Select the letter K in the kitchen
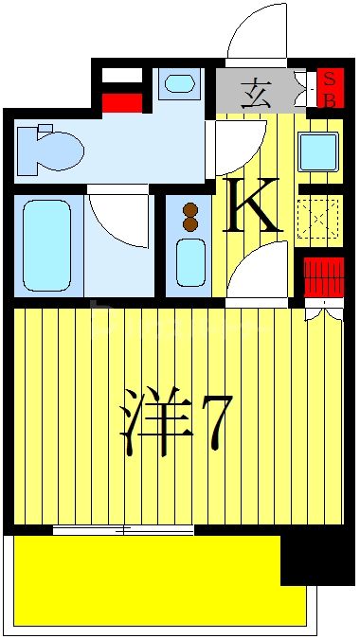tap(252, 207)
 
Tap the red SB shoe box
tap(330, 88)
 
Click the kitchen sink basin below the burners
tap(190, 261)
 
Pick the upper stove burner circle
tap(190, 210)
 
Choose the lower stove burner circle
tap(190, 225)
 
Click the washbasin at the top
tap(179, 83)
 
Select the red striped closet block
tap(322, 277)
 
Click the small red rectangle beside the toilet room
tap(121, 103)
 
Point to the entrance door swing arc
tap(256, 33)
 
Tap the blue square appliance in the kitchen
tap(317, 151)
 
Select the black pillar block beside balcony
tap(316, 559)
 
